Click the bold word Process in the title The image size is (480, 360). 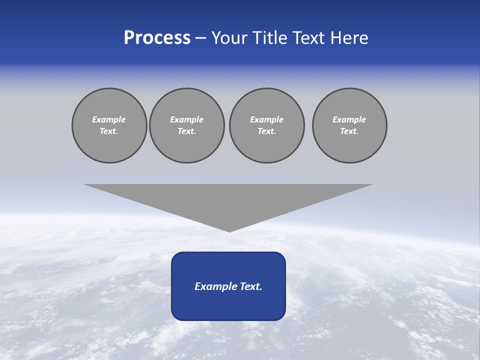(157, 38)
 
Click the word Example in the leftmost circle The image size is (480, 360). (109, 119)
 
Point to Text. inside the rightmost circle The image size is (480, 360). (349, 131)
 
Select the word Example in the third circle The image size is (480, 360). (266, 119)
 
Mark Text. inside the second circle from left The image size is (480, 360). (186, 131)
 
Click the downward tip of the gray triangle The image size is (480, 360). (229, 230)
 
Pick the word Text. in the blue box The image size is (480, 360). (250, 286)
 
